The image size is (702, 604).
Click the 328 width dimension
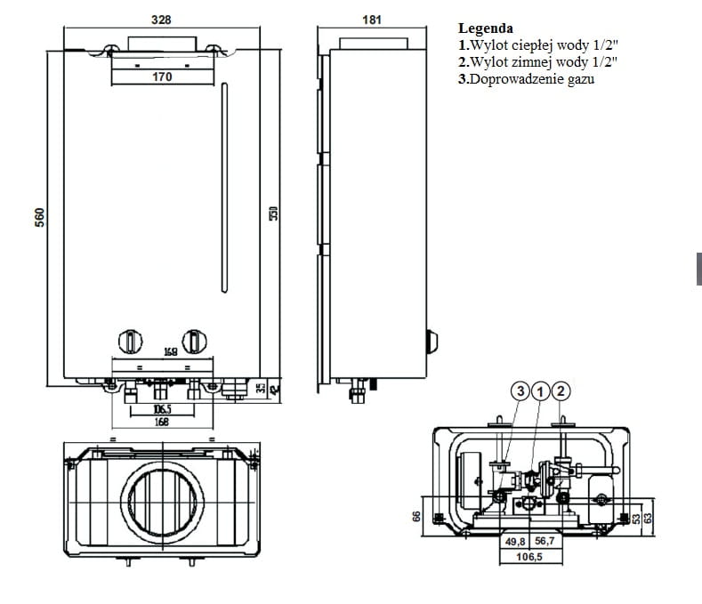pyautogui.click(x=161, y=20)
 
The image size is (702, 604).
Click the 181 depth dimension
pyautogui.click(x=372, y=20)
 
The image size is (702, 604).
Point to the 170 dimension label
pyautogui.click(x=161, y=77)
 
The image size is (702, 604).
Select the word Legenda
pyautogui.click(x=485, y=28)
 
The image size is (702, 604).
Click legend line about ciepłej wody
pyautogui.click(x=537, y=44)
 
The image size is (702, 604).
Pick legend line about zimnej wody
pyautogui.click(x=537, y=62)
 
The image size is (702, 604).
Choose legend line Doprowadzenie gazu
pyautogui.click(x=526, y=79)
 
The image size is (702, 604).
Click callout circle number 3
pyautogui.click(x=520, y=391)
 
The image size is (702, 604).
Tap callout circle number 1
pyautogui.click(x=540, y=391)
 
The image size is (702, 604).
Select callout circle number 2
pyautogui.click(x=561, y=391)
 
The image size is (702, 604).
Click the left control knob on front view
pyautogui.click(x=131, y=341)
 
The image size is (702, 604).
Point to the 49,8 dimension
pyautogui.click(x=515, y=541)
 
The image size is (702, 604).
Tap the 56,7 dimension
pyautogui.click(x=545, y=541)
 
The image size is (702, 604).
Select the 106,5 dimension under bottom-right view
pyautogui.click(x=529, y=557)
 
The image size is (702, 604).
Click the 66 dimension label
pyautogui.click(x=416, y=516)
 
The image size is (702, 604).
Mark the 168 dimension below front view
pyautogui.click(x=161, y=423)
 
